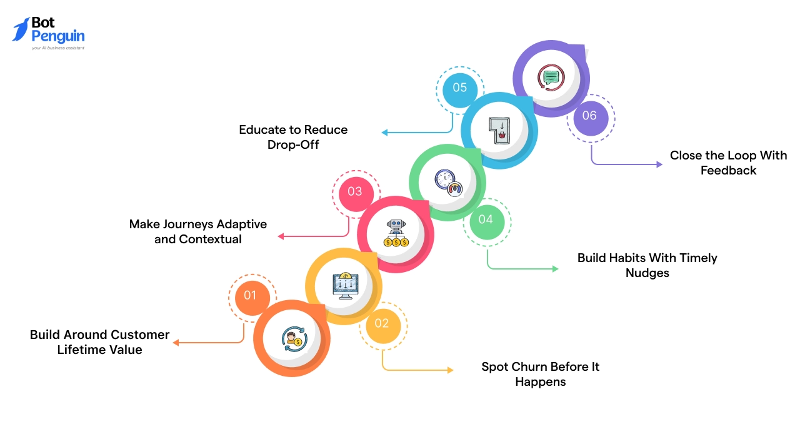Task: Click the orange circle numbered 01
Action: [251, 295]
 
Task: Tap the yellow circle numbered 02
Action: [382, 323]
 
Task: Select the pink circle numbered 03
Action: [355, 191]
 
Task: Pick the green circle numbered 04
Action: [486, 220]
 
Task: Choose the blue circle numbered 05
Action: [459, 88]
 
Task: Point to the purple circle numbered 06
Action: [589, 116]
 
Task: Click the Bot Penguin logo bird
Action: [21, 29]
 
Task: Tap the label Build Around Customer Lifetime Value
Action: [100, 342]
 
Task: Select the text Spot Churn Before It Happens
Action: [540, 374]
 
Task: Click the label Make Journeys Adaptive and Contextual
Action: [198, 231]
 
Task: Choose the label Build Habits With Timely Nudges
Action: [647, 265]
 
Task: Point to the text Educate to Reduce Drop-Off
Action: [293, 137]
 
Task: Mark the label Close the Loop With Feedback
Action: [728, 163]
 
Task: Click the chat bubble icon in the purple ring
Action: [551, 78]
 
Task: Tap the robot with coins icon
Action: [396, 234]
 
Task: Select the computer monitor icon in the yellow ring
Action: [344, 286]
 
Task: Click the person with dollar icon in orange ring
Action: [292, 338]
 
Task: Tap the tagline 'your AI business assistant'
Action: [57, 48]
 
